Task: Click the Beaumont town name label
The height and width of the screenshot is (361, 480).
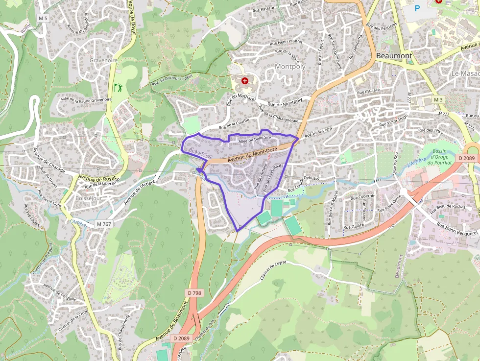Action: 394,56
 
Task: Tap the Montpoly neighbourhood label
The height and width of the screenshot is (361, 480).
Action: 290,66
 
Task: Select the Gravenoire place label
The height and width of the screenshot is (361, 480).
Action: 103,60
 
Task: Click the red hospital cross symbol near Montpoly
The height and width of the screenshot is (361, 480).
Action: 244,80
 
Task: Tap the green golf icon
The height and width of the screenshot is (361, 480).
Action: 118,88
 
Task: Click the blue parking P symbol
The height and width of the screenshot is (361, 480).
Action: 417,8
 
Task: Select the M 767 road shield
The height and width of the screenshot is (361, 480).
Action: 104,224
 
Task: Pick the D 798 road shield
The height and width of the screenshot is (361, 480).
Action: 194,293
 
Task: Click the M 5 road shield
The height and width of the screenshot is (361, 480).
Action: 43,19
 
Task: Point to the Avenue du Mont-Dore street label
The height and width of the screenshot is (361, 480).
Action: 252,154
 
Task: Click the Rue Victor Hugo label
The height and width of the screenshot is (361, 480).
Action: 397,121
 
